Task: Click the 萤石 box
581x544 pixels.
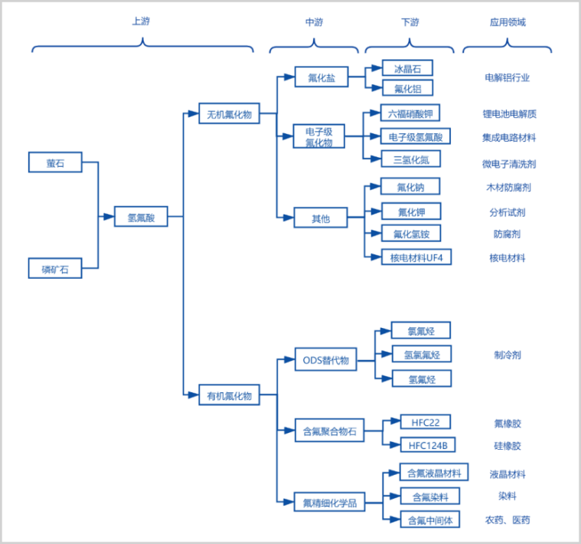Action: coord(55,162)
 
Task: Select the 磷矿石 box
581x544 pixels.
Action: coord(55,268)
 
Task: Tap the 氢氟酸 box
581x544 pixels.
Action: coord(141,216)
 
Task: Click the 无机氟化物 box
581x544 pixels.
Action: coord(229,113)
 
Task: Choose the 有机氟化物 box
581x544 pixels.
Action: coord(229,395)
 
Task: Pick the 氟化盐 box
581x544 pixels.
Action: coord(322,77)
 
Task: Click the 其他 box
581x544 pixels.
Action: coord(321,218)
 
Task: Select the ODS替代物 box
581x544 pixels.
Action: coord(325,359)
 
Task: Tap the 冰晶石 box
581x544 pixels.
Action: coord(407,68)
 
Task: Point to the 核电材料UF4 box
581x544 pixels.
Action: coord(416,257)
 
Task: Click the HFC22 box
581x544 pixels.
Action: coord(426,421)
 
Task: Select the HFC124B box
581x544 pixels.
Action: coord(428,444)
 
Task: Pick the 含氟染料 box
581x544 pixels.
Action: coord(430,496)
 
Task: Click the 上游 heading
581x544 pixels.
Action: coord(141,21)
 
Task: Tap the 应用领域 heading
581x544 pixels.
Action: coord(508,22)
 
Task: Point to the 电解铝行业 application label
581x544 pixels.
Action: coord(508,77)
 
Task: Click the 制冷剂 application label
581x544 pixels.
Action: coord(508,355)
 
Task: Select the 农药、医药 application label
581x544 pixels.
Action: coord(508,520)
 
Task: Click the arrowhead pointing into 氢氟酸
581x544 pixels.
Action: coord(109,217)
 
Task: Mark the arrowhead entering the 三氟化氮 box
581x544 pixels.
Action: coord(376,159)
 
